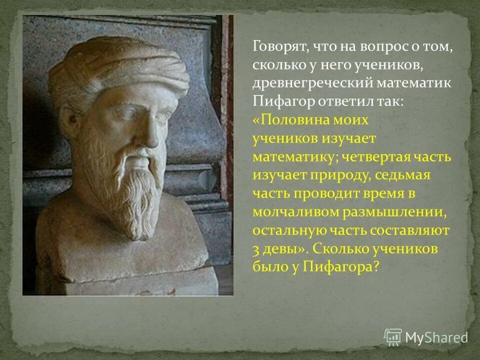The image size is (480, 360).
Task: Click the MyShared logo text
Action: point(436,337)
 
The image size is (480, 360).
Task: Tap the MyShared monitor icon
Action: point(393,337)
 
